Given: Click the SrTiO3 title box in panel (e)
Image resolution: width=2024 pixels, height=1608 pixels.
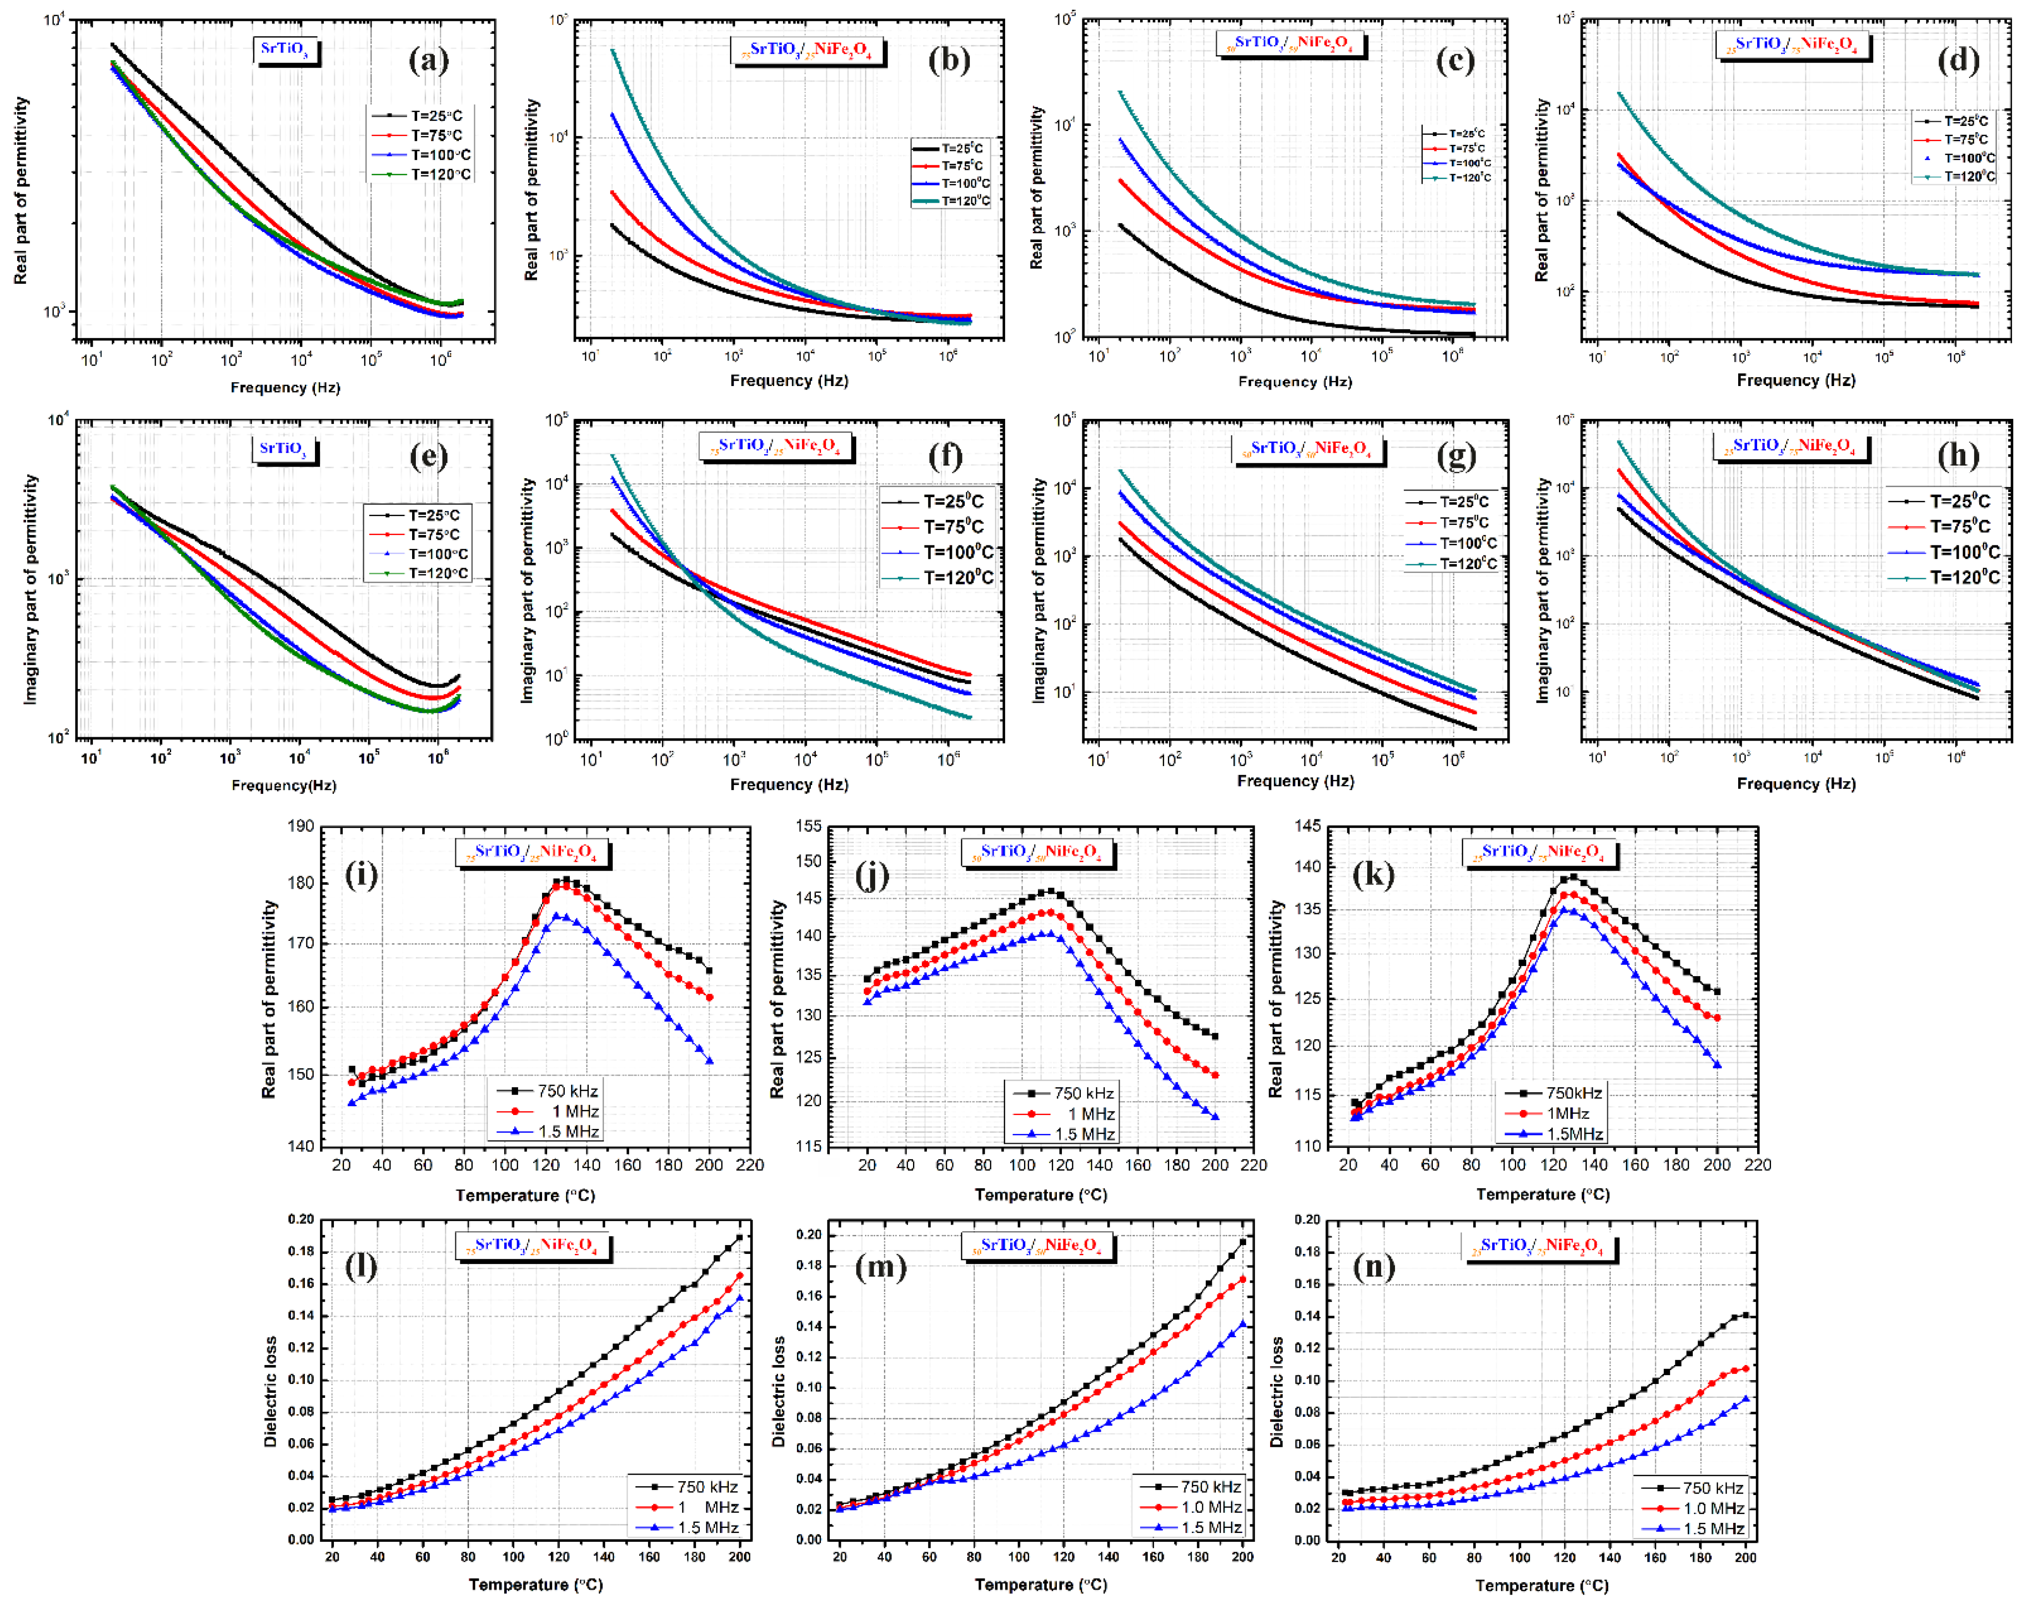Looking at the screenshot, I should [284, 449].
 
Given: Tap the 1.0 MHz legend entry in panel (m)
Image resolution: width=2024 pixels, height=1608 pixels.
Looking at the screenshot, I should [1211, 1508].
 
